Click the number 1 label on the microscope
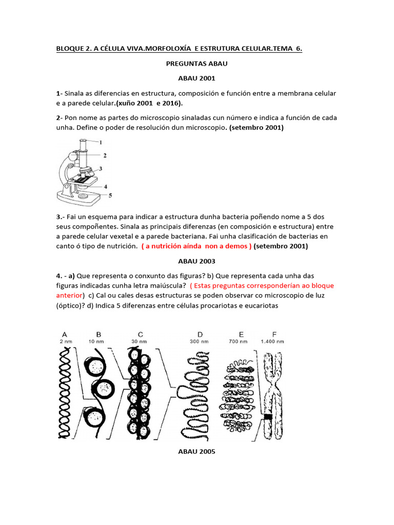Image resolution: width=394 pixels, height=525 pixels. [x=101, y=142]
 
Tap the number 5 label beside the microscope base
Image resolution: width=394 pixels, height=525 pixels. [x=110, y=195]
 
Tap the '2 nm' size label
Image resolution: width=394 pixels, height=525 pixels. [x=64, y=341]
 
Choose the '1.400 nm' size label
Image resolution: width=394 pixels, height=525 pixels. [x=272, y=341]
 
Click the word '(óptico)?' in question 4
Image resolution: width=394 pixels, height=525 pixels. [x=72, y=306]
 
